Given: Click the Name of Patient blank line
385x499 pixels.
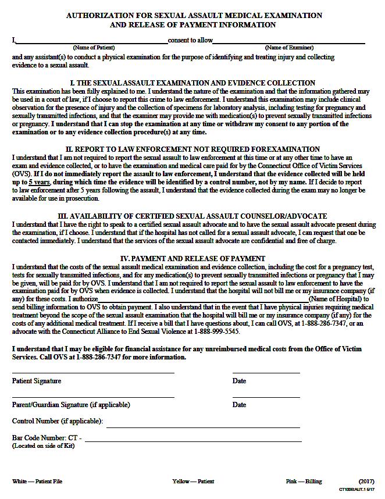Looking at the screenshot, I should click(92, 42).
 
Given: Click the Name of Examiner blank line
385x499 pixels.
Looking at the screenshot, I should click(288, 42).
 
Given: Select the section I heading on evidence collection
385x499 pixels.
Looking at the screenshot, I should click(192, 83).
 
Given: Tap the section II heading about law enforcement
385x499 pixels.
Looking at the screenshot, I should click(192, 149).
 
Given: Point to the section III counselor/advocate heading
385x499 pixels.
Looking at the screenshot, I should click(192, 216).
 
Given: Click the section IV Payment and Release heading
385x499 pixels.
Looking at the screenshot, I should click(192, 258).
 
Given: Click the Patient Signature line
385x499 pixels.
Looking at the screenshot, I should click(93, 372).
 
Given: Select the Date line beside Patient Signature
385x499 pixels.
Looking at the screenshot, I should click(266, 372).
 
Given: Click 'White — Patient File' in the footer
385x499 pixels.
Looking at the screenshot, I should click(37, 482).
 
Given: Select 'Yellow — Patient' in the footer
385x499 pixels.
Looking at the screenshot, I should click(193, 482).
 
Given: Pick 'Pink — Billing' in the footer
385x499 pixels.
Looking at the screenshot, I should click(304, 482).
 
